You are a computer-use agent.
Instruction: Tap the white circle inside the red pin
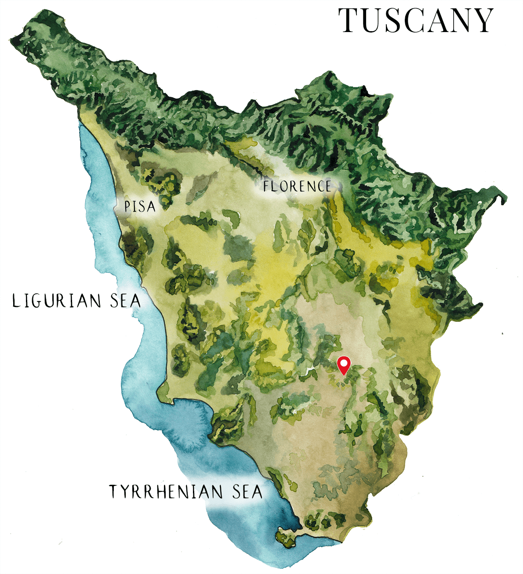pos(344,363)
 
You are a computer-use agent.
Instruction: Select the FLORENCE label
pos(297,186)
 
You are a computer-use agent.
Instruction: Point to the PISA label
pos(140,206)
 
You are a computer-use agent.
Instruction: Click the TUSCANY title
pos(416,20)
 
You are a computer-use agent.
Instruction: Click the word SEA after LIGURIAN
pos(125,301)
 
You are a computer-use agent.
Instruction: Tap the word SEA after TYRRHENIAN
pos(247,491)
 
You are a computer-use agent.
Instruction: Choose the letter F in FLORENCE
pos(266,187)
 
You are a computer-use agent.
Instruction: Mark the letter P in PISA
pos(127,206)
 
